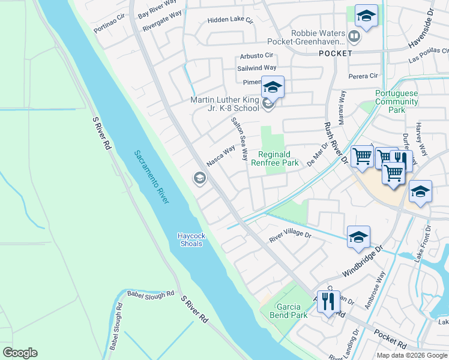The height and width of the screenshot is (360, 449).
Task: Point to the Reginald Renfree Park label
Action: (278, 158)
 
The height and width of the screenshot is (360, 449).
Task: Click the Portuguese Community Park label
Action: (396, 101)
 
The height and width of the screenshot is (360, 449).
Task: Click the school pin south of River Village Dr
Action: (358, 238)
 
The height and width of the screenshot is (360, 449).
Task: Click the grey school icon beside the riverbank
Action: (199, 178)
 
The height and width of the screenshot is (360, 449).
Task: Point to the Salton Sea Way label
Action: (240, 139)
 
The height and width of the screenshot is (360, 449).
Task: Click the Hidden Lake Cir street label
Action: (231, 20)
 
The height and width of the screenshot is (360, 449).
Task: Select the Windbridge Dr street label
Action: (363, 260)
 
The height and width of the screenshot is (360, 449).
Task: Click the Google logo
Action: (20, 353)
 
